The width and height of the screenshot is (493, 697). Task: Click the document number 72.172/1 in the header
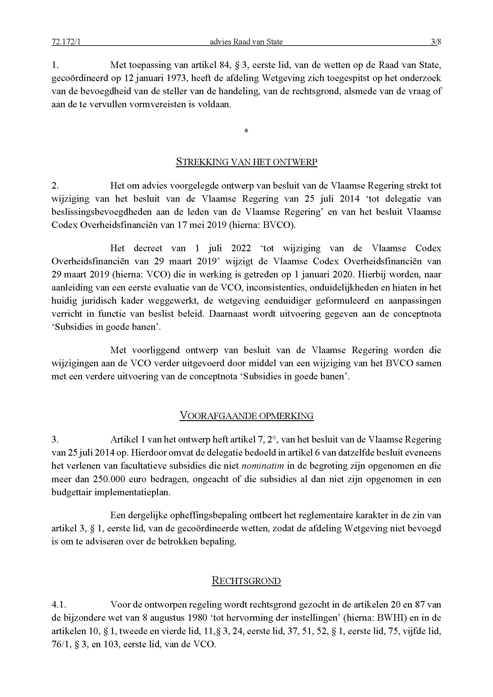pos(66,42)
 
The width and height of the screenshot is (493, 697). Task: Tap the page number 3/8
pos(436,42)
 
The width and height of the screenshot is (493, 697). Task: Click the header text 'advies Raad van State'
pos(246,42)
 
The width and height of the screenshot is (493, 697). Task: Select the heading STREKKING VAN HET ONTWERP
pos(247,162)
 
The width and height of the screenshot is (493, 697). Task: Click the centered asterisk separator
pos(246,131)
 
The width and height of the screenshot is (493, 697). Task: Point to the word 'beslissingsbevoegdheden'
pos(101,212)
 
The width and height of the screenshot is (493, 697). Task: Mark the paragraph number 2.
pos(55,185)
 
